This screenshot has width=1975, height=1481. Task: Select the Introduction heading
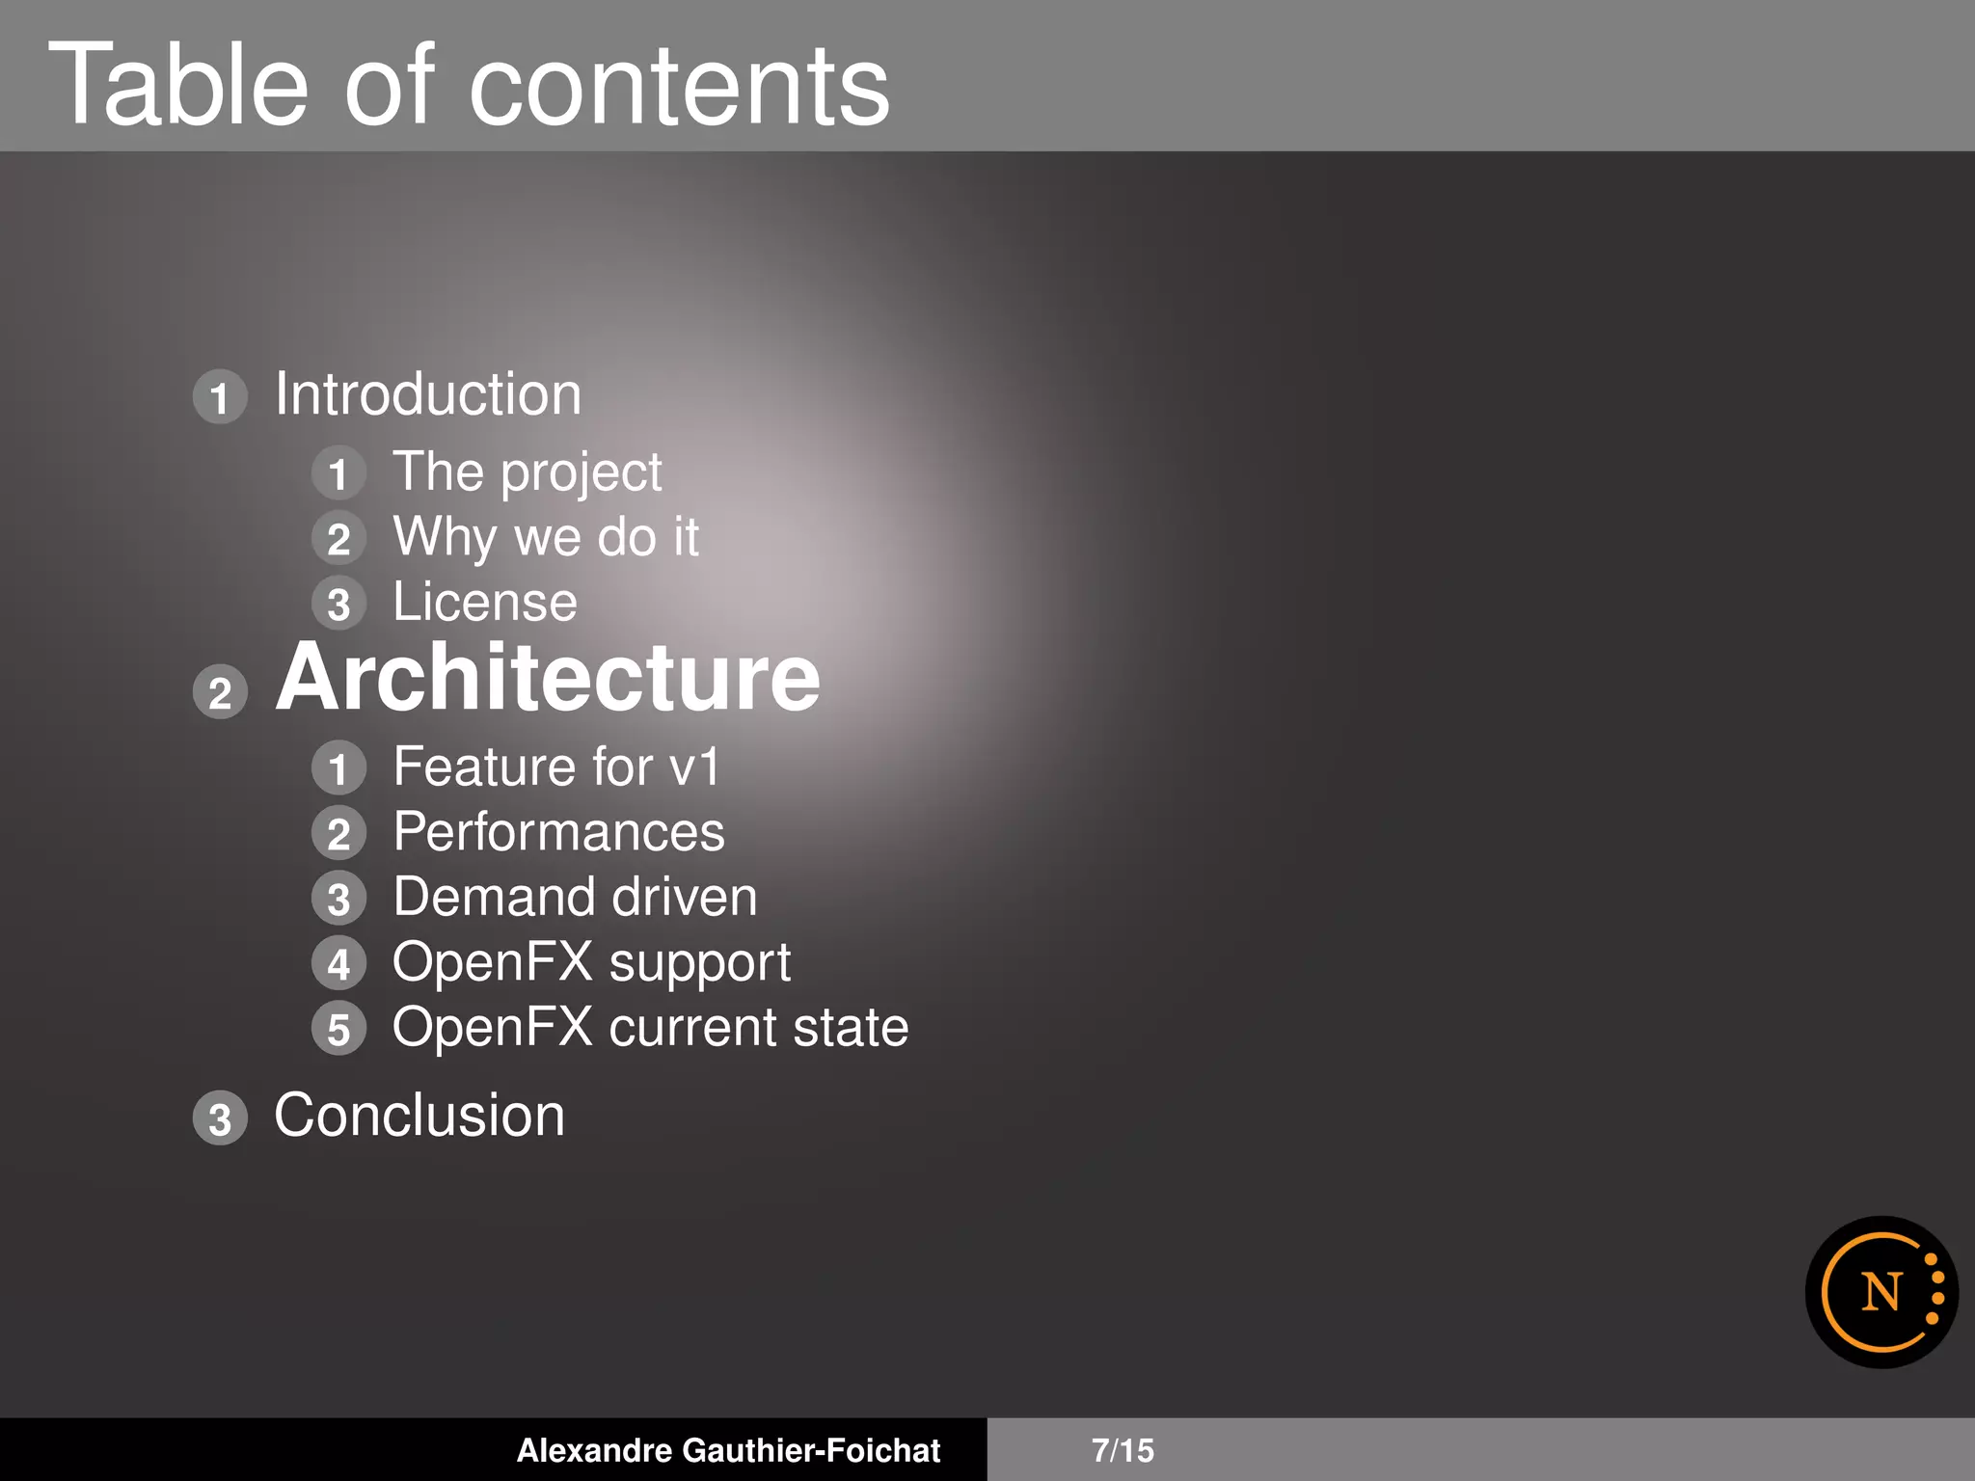click(428, 395)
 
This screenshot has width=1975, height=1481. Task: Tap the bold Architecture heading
click(548, 679)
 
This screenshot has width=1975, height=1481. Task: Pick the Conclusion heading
click(419, 1117)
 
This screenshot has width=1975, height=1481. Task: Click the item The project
click(527, 473)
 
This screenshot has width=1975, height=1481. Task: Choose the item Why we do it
click(546, 537)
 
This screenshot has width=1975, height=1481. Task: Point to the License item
click(485, 603)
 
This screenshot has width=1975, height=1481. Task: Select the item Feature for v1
click(556, 767)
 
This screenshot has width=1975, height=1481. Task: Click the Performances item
click(558, 833)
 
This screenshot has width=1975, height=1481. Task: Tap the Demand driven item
click(575, 898)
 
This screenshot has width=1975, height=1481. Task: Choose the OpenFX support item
click(591, 963)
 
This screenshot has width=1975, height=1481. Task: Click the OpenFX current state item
click(650, 1028)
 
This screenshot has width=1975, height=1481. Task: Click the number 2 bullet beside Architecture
click(221, 692)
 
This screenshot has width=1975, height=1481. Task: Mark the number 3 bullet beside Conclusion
click(221, 1118)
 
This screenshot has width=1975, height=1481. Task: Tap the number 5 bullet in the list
click(338, 1029)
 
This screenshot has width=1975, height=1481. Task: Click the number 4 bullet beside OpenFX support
click(338, 963)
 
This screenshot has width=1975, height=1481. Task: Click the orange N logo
click(1881, 1292)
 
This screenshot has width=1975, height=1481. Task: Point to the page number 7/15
click(1123, 1450)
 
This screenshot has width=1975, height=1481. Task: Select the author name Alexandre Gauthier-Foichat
click(728, 1450)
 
